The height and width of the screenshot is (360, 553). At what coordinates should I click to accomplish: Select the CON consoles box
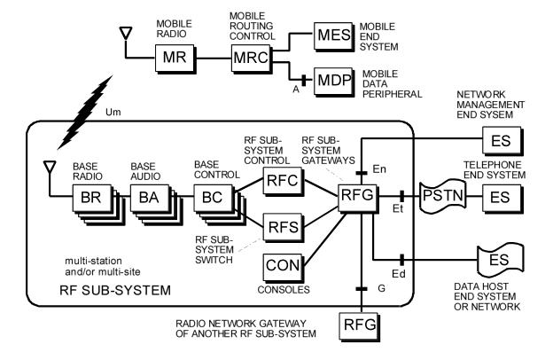point(281,264)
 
